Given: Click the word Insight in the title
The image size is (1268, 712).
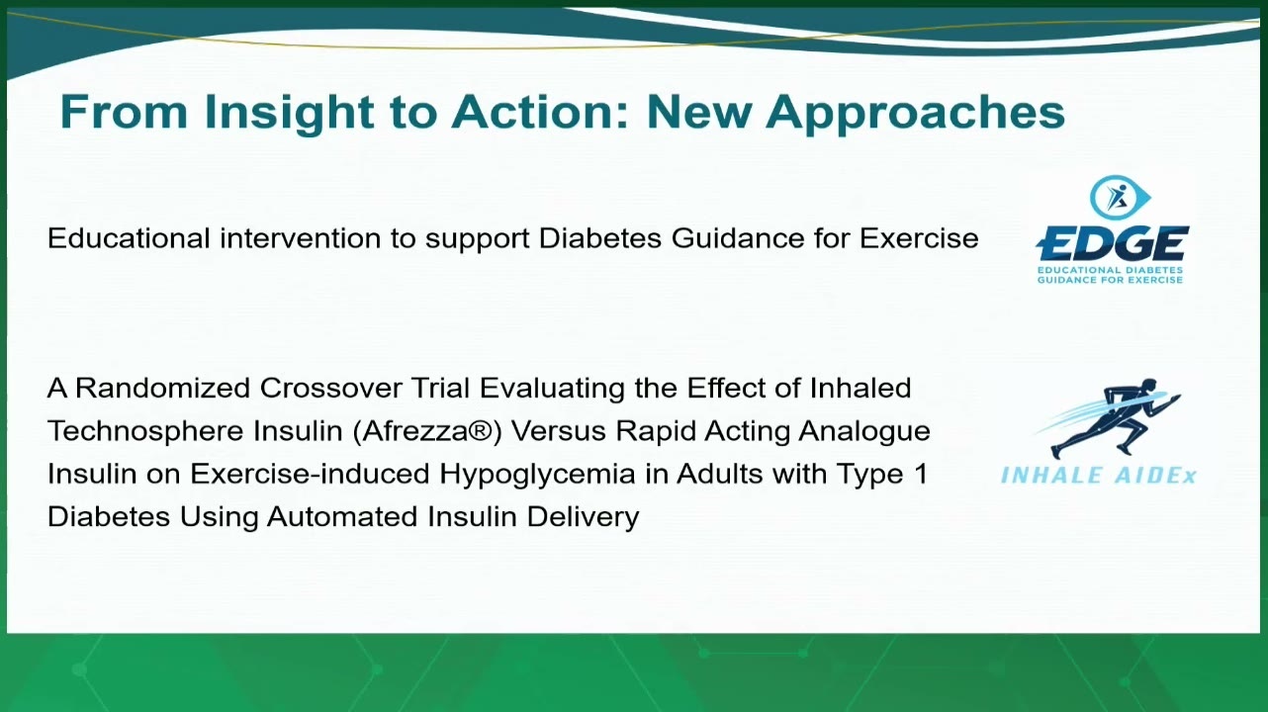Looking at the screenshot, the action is coord(289,113).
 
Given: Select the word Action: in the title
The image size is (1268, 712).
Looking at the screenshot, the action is coord(540,112).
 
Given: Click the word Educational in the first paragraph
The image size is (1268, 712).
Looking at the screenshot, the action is coord(129,237).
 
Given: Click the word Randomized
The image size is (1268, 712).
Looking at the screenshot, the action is coord(162,389).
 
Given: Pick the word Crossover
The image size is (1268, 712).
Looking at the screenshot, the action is coord(330,389).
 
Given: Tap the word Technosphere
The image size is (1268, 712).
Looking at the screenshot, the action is coord(145,431).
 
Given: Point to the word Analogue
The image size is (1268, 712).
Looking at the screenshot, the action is coord(864,432).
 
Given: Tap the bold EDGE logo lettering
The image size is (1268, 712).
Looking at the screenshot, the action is coord(1113,244).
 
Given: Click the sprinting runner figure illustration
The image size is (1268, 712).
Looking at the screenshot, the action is coord(1110,417).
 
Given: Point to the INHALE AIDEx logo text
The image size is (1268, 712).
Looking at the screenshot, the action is coord(1099,476).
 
